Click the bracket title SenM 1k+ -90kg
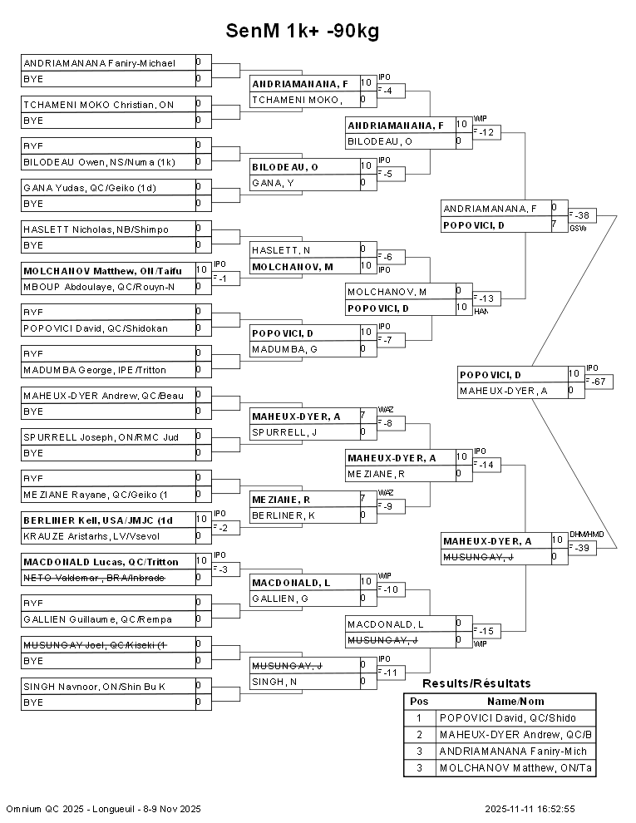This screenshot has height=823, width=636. [x=303, y=31]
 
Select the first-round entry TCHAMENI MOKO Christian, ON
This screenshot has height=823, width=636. [x=99, y=104]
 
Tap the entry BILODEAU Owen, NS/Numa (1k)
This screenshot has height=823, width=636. [x=99, y=162]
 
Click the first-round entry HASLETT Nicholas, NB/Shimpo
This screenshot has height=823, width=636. [x=96, y=229]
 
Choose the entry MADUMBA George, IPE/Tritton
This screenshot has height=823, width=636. [x=94, y=370]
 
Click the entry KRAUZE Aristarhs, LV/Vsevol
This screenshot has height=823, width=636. [x=96, y=536]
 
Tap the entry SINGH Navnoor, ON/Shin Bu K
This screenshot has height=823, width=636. [x=94, y=686]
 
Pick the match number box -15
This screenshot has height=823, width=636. [x=487, y=631]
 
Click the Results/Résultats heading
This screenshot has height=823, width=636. [x=476, y=683]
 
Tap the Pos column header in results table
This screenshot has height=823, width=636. [x=419, y=702]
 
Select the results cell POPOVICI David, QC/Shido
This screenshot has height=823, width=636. [x=507, y=718]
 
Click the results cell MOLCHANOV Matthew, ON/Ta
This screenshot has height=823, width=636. [x=515, y=768]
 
